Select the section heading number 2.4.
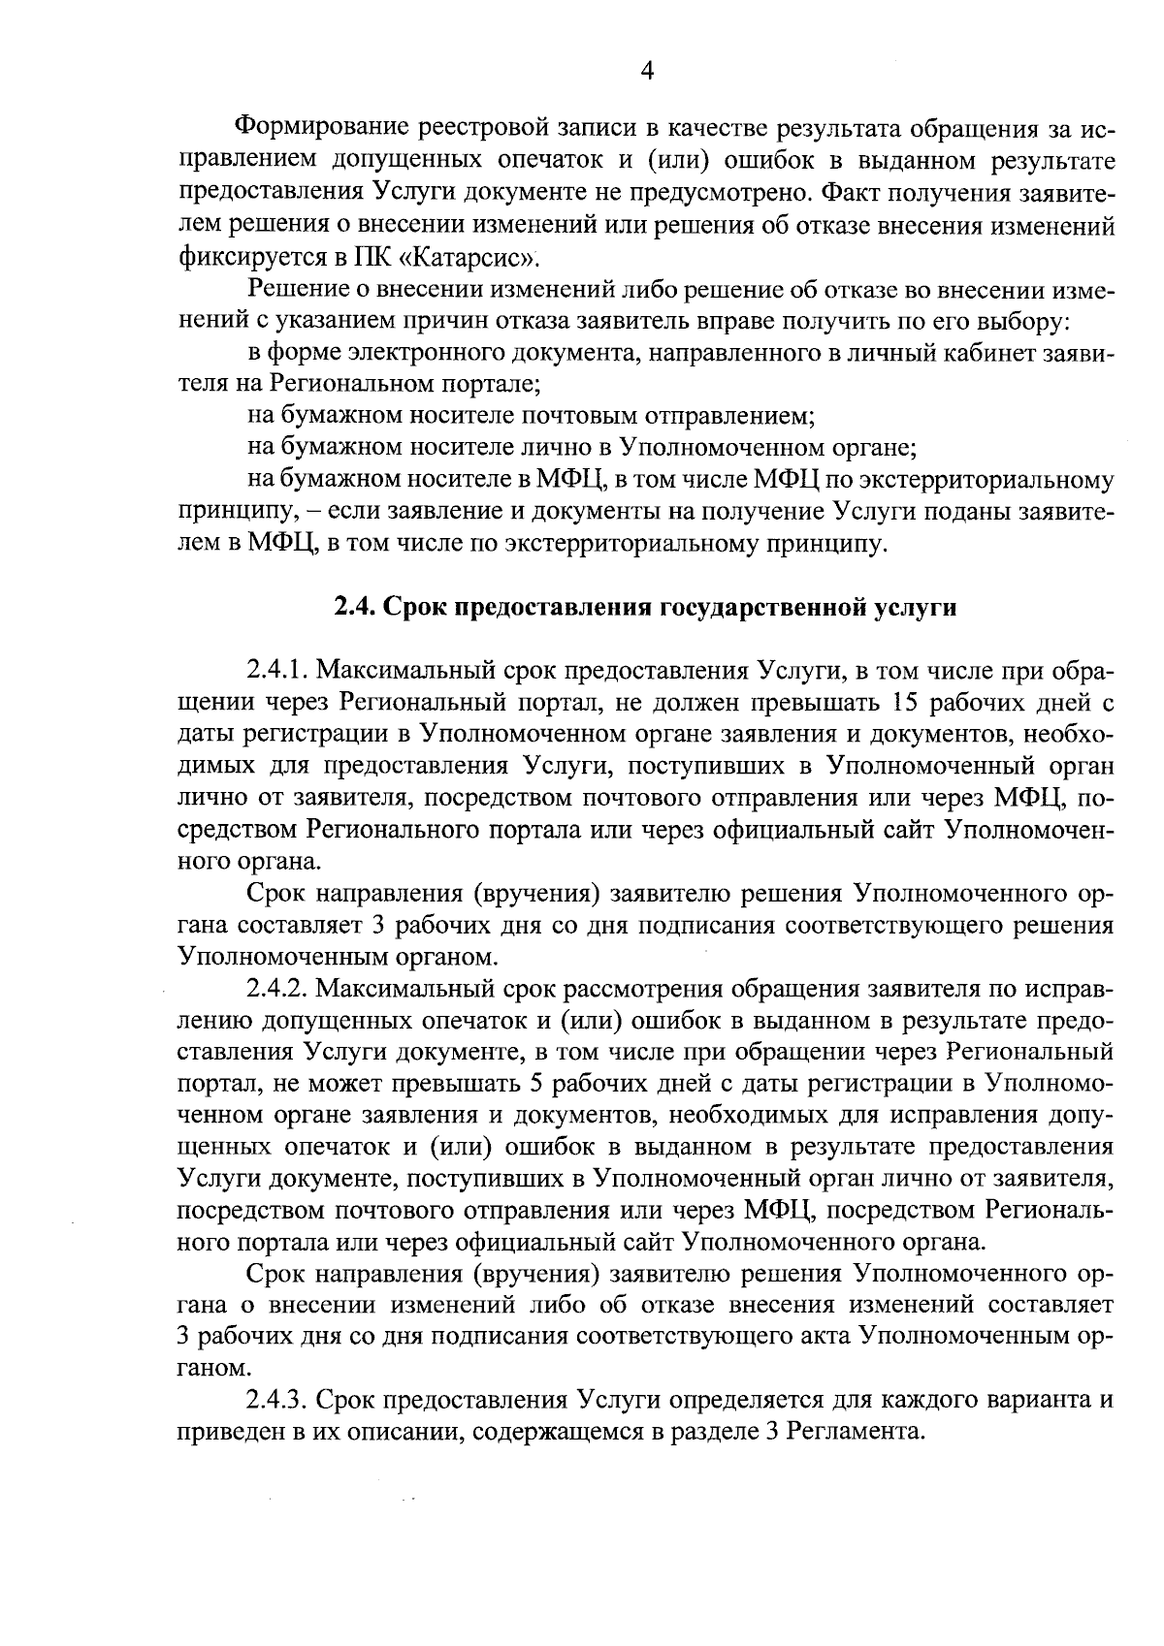(x=355, y=608)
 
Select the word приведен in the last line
(x=229, y=1433)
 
